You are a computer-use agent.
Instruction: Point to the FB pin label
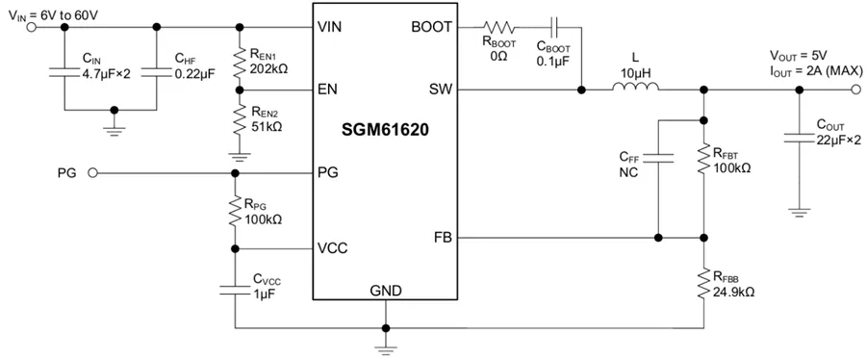[441, 237]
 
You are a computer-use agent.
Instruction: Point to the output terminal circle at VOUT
[855, 90]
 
